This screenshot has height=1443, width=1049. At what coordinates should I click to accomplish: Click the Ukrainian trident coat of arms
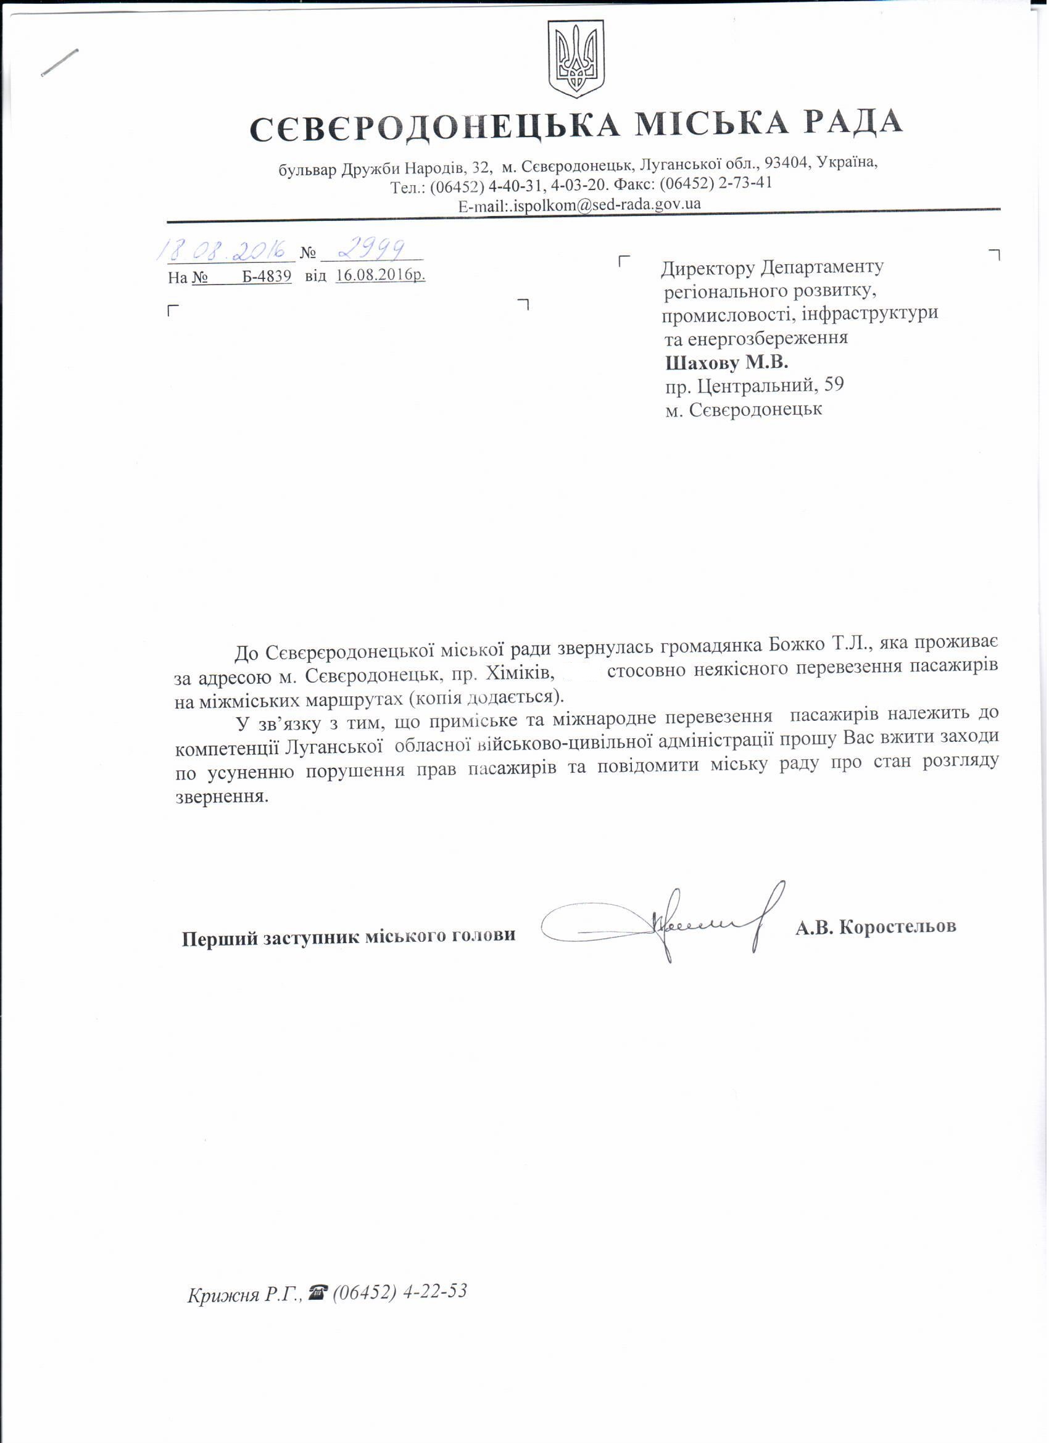click(x=577, y=59)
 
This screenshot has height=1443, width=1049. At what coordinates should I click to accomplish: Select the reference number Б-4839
click(x=267, y=276)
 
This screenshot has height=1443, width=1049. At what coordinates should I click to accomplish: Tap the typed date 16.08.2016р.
click(x=380, y=275)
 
